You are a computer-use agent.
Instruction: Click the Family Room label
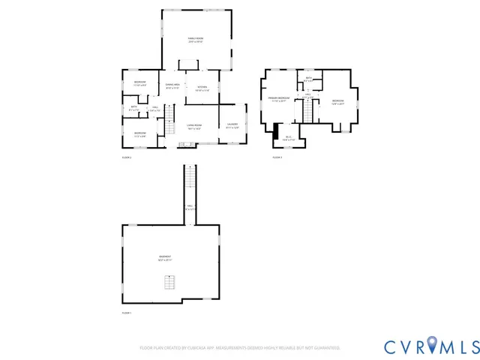click(196, 40)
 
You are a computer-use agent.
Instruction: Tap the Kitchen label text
click(202, 88)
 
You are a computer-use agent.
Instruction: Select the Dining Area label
click(172, 86)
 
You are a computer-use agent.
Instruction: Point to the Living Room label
click(194, 127)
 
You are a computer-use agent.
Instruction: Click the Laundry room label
click(232, 125)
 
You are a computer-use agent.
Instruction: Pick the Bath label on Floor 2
click(133, 109)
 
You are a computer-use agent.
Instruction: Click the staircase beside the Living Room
click(169, 116)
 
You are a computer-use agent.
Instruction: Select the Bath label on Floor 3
click(308, 79)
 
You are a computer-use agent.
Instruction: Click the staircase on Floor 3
click(307, 110)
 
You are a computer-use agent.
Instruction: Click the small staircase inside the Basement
click(170, 283)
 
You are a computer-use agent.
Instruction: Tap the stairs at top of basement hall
click(190, 180)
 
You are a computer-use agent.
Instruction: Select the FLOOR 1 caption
click(127, 313)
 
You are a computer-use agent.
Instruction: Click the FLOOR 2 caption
click(127, 157)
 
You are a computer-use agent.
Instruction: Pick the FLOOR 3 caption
click(277, 157)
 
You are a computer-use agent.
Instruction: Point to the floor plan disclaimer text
click(240, 348)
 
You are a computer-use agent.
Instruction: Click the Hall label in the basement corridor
click(190, 207)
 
